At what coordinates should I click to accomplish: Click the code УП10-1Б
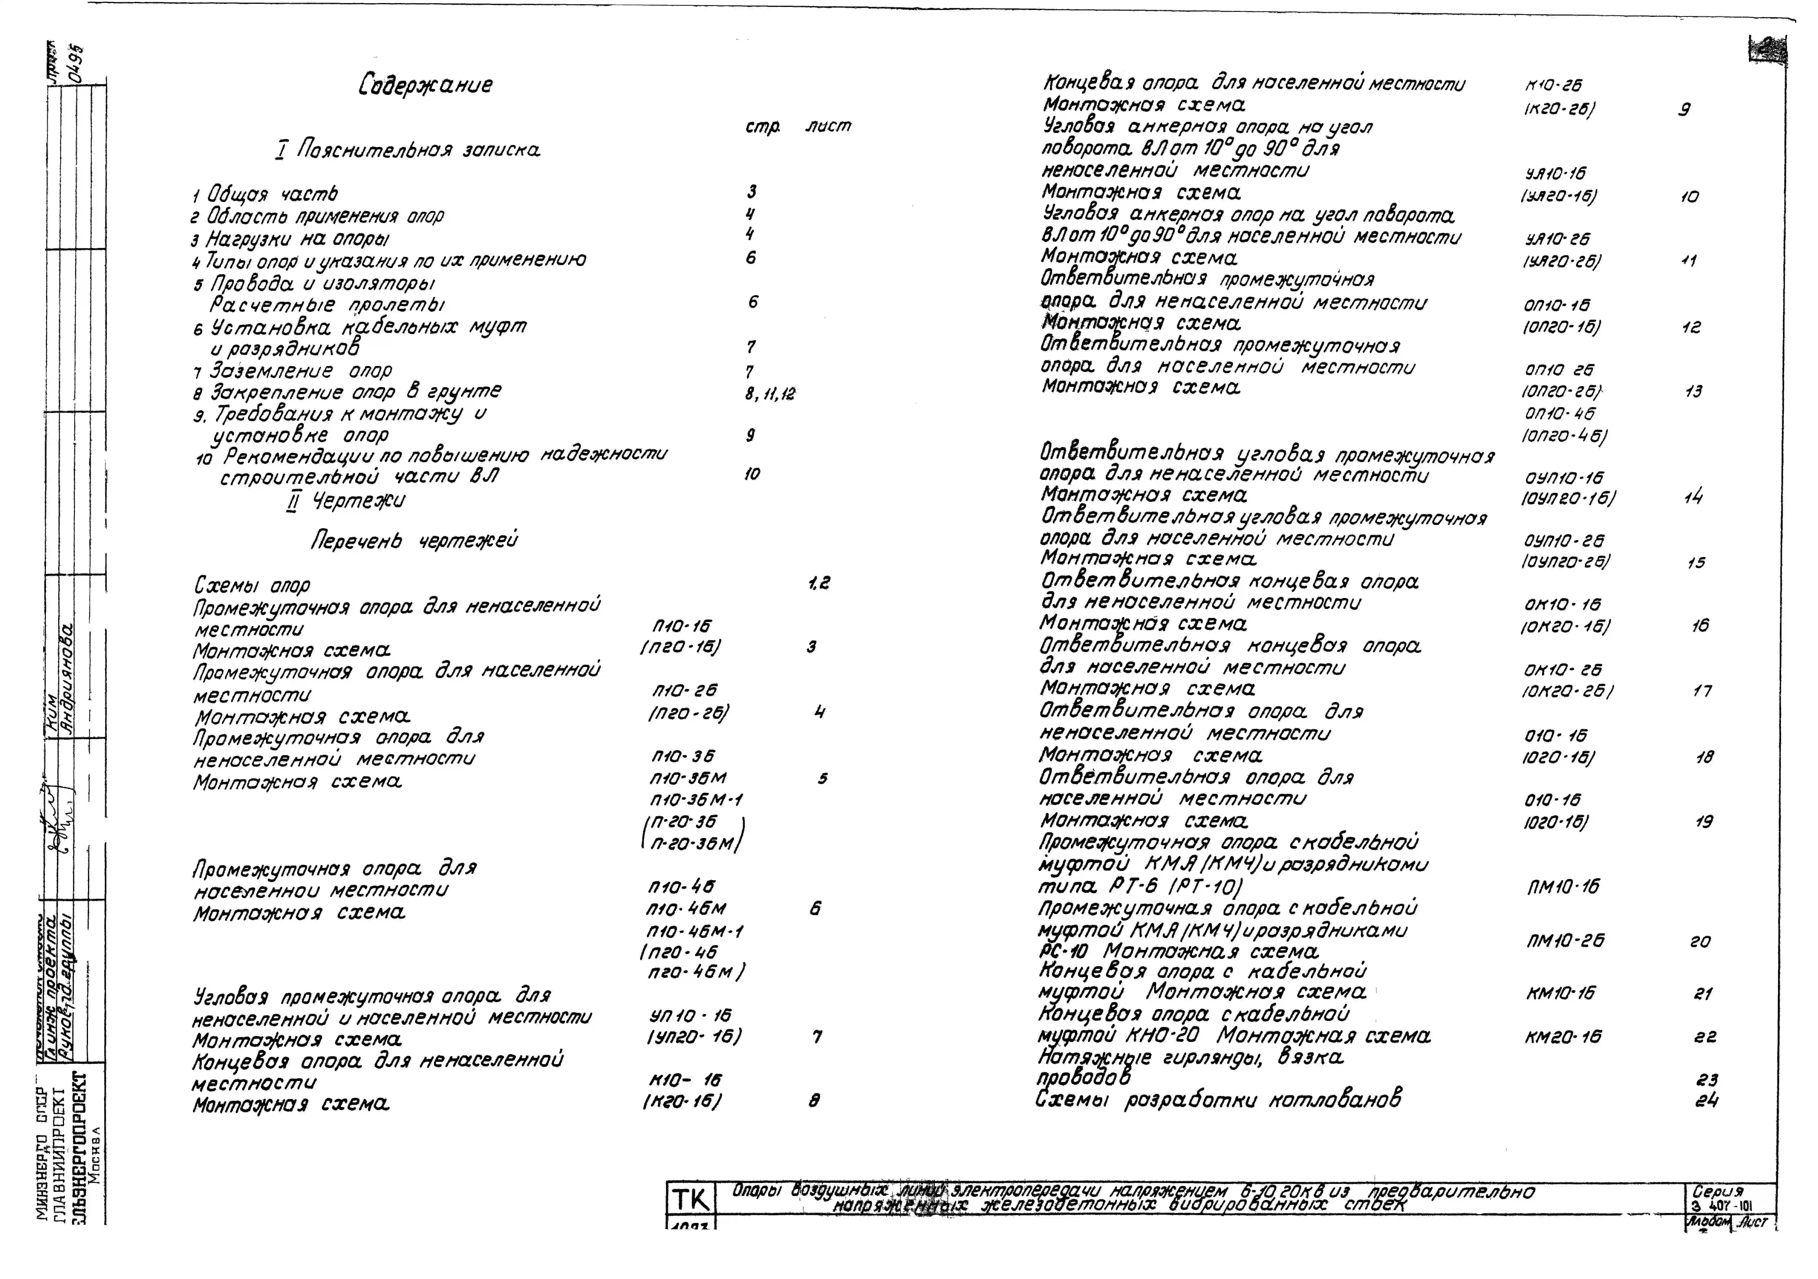(690, 1015)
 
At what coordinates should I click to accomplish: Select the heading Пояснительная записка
(408, 150)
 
